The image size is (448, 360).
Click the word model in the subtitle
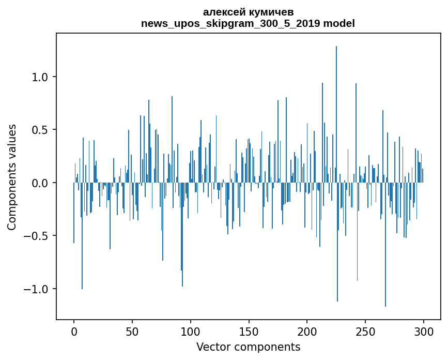pyautogui.click(x=339, y=23)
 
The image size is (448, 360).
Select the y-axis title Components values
pyautogui.click(x=12, y=177)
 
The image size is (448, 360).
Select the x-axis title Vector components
pyautogui.click(x=248, y=347)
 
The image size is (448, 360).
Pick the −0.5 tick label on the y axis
pyautogui.click(x=35, y=236)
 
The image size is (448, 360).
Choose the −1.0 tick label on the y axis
pyautogui.click(x=35, y=289)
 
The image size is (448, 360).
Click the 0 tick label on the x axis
pyautogui.click(x=74, y=331)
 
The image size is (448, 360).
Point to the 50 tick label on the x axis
pyautogui.click(x=132, y=331)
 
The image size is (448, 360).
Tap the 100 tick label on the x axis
pyautogui.click(x=191, y=331)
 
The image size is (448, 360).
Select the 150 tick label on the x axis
pyautogui.click(x=249, y=331)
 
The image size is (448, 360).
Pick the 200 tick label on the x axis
pyautogui.click(x=307, y=331)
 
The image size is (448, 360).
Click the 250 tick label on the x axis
pyautogui.click(x=365, y=331)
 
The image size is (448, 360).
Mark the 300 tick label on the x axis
pyautogui.click(x=424, y=331)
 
